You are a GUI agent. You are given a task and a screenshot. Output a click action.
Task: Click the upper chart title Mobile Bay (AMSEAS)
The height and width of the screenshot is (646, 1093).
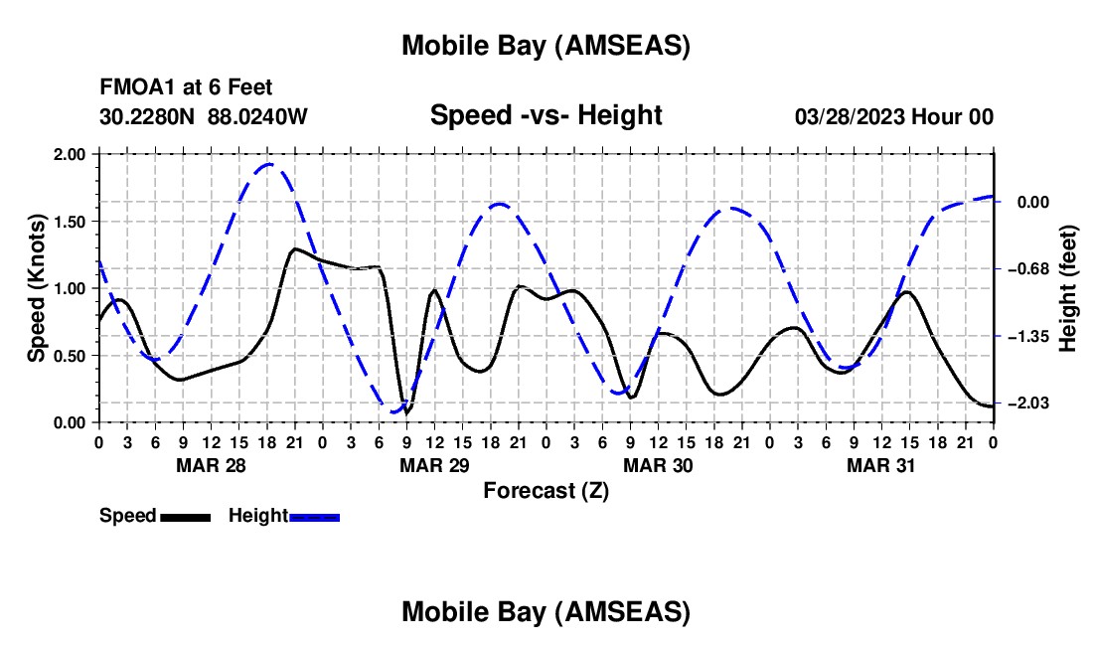tap(546, 45)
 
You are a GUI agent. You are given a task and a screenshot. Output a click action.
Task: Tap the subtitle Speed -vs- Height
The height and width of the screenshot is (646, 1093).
tap(546, 115)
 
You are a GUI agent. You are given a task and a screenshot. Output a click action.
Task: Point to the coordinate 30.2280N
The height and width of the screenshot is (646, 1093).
tap(148, 116)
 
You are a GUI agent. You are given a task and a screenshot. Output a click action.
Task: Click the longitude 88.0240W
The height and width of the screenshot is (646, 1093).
tap(257, 116)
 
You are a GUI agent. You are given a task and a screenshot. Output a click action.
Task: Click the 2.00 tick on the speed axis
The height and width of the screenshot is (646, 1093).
tap(70, 154)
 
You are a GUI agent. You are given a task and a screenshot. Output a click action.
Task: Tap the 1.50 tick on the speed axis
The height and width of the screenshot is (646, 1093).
tap(70, 222)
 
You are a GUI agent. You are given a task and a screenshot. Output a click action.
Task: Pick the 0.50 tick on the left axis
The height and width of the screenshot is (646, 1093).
tap(70, 356)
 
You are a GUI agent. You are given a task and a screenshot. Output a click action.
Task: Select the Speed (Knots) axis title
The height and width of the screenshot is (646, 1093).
tap(37, 288)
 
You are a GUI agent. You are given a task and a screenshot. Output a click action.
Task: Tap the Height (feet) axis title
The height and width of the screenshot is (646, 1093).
tap(1068, 288)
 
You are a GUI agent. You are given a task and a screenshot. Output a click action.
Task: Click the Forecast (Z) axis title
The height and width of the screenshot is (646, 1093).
tap(546, 490)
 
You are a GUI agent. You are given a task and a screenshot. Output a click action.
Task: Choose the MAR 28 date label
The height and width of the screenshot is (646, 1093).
tap(210, 465)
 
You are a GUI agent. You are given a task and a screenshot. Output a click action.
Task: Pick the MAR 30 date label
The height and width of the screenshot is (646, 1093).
tap(658, 465)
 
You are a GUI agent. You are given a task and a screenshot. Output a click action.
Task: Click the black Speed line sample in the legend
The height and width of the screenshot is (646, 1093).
tap(185, 517)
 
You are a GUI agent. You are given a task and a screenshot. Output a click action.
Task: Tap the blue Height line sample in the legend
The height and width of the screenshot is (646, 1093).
tap(314, 517)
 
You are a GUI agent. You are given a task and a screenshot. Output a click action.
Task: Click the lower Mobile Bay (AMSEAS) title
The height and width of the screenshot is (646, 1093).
tap(546, 612)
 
